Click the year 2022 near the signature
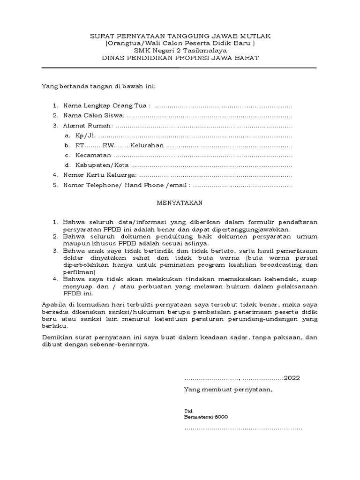292,378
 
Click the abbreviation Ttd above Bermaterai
187,410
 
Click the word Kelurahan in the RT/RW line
147,145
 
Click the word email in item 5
179,185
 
